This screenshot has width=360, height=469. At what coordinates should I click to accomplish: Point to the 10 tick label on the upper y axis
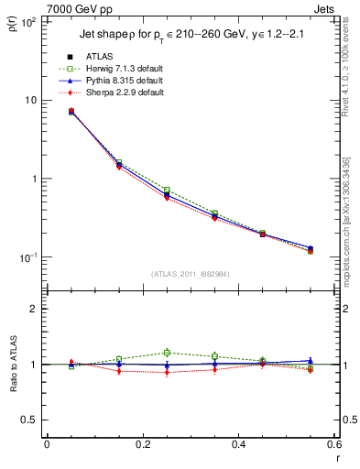31,100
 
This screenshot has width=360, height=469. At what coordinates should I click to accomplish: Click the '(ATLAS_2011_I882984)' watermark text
190,273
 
